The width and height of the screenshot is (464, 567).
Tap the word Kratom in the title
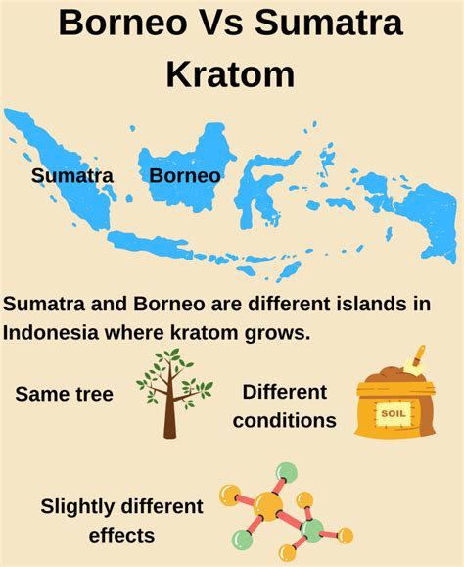pyautogui.click(x=231, y=72)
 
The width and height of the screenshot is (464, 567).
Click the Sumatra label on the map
pyautogui.click(x=72, y=176)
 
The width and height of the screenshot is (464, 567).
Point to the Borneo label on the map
pyautogui.click(x=184, y=176)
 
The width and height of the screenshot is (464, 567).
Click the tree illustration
pyautogui.click(x=172, y=392)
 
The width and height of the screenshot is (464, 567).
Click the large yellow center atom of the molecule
pyautogui.click(x=270, y=505)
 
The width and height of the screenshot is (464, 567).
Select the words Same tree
pyautogui.click(x=65, y=395)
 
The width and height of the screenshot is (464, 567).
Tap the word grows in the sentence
pyautogui.click(x=277, y=332)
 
